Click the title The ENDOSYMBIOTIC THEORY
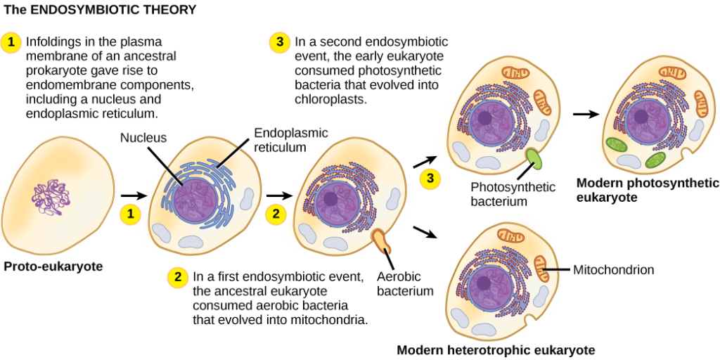coord(100,9)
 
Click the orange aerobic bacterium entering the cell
coord(382,240)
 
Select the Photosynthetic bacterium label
coord(513,194)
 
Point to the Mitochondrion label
coord(613,269)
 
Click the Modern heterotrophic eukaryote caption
coord(492,350)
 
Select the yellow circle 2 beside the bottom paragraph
coord(177,278)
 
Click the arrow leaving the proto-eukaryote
coord(134,196)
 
